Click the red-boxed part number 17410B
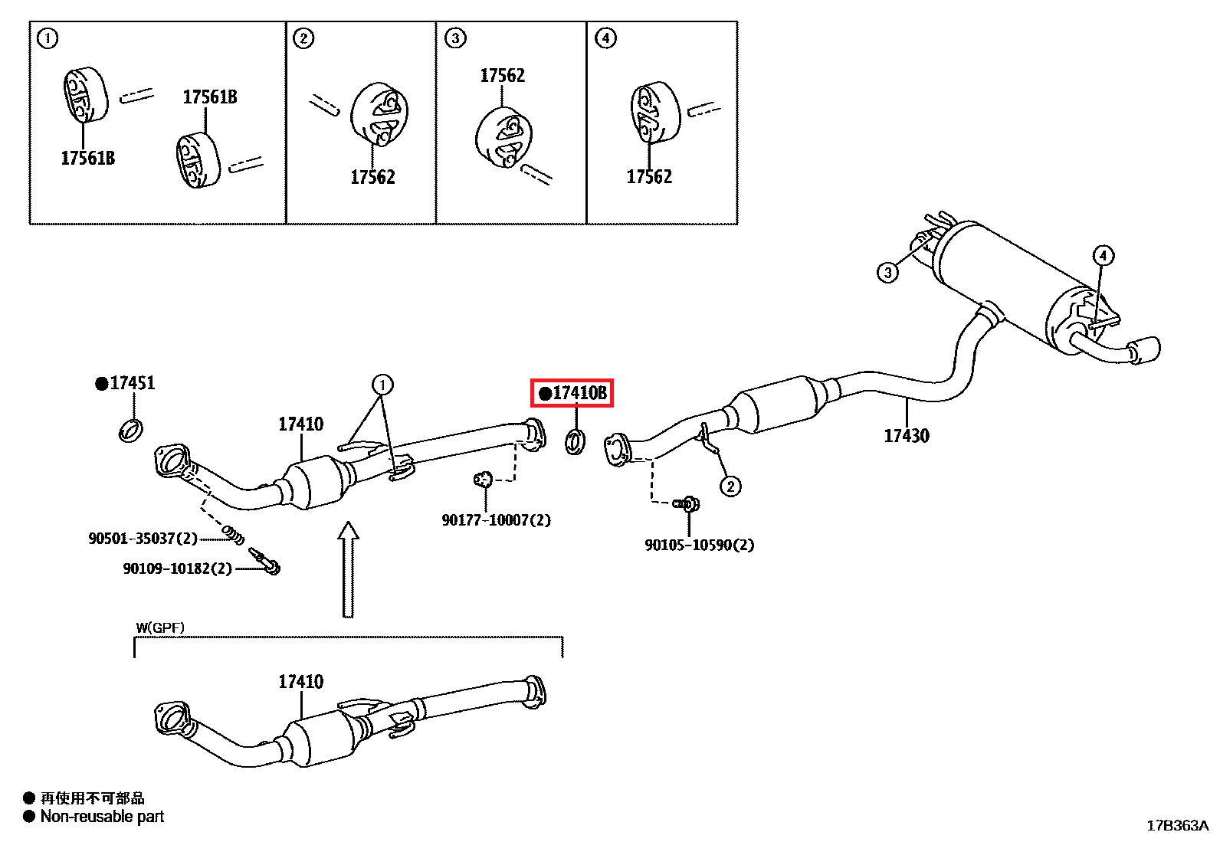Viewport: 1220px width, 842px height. (x=573, y=393)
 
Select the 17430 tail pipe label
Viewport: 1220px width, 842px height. (x=906, y=436)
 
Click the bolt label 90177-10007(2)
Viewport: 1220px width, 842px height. (x=496, y=520)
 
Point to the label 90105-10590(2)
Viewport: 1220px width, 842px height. (x=699, y=545)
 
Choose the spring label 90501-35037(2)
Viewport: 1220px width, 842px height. (x=143, y=539)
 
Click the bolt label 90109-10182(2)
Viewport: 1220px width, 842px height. (x=177, y=568)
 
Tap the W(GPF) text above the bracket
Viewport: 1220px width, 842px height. (x=160, y=627)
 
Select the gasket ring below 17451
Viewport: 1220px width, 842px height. (x=132, y=430)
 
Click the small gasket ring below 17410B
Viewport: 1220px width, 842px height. (x=575, y=441)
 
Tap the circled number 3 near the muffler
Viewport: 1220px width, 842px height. (x=887, y=272)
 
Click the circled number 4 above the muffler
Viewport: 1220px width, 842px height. (x=1102, y=255)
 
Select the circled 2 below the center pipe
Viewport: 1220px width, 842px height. (x=730, y=486)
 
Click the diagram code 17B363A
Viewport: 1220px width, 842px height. (x=1177, y=825)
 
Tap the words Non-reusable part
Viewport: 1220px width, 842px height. (x=102, y=817)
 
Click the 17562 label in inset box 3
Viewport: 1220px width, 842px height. (x=502, y=75)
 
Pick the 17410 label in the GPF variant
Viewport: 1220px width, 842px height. (x=300, y=681)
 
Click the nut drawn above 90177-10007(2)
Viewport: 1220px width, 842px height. (x=483, y=480)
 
